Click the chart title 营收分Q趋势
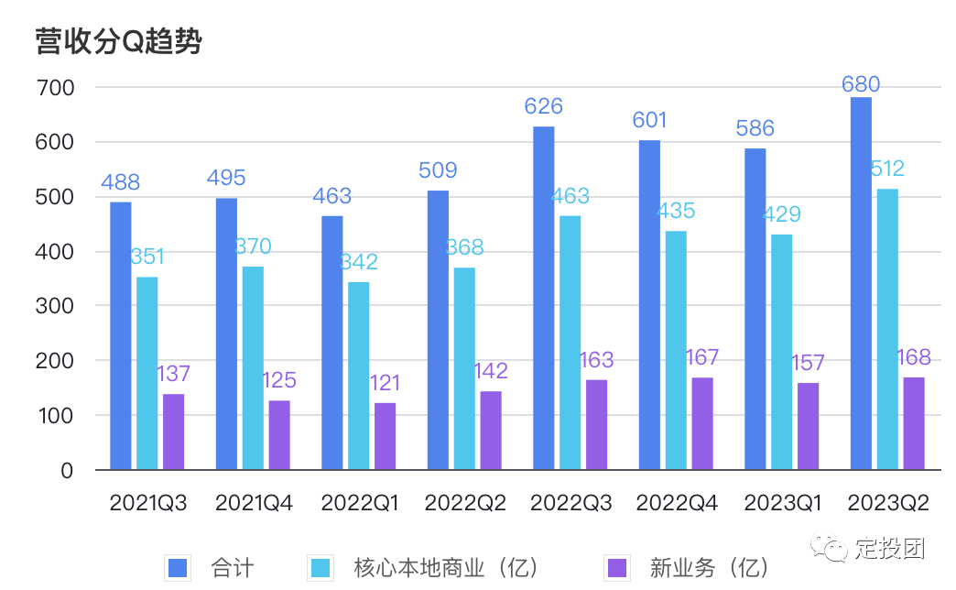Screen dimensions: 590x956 118,41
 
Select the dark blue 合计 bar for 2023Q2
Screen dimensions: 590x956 861,284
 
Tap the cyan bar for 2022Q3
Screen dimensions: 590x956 570,343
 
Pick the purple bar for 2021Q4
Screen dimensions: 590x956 279,435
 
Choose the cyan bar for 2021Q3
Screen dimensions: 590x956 147,373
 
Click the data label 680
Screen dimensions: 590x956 861,85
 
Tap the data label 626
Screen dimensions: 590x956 544,107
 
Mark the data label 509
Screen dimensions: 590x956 438,170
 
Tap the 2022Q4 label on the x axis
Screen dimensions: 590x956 677,503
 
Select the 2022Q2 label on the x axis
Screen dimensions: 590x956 464,503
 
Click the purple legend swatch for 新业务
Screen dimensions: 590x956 619,567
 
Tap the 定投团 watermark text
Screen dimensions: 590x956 891,549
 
